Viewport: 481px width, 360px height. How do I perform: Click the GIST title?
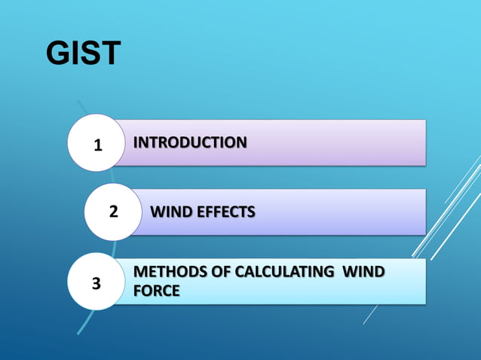[84, 53]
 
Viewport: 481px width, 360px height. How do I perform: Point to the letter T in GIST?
[109, 53]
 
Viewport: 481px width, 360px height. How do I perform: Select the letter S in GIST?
[91, 53]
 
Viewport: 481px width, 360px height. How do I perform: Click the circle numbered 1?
[96, 143]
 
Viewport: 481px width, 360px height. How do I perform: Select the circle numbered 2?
[113, 212]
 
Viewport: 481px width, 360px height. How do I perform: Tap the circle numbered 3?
[96, 283]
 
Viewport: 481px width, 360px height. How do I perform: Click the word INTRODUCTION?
[189, 142]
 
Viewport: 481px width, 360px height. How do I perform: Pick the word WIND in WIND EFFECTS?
[172, 212]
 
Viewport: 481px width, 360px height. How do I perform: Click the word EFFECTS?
[225, 212]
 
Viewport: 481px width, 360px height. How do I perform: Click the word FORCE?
[156, 291]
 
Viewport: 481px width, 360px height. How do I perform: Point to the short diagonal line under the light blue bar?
[370, 314]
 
